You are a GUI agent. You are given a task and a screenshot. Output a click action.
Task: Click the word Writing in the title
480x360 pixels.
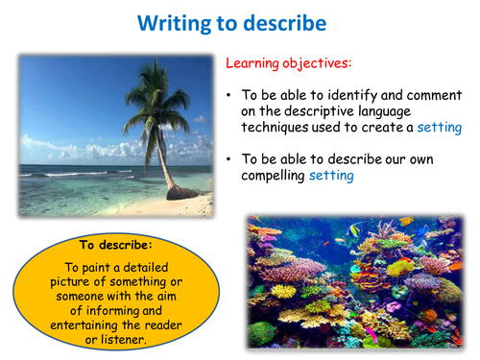[174, 24]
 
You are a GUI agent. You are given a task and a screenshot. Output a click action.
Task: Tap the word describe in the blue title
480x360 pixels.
[284, 23]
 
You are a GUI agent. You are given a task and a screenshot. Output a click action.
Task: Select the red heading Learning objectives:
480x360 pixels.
[289, 63]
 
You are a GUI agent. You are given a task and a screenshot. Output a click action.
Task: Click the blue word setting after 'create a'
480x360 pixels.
[440, 128]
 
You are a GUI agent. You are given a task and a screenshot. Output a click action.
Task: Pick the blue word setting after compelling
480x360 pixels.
[331, 176]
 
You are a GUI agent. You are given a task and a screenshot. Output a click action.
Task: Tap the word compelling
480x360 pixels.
[273, 176]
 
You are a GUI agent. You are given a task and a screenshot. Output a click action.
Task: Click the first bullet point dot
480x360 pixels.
[228, 95]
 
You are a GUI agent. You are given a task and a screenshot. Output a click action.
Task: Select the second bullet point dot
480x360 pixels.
[228, 159]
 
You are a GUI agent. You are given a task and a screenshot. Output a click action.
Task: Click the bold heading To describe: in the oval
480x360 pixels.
[116, 245]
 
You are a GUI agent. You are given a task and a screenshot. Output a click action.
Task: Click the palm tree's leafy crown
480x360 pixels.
[156, 103]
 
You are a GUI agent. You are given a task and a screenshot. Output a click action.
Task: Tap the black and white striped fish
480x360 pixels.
[354, 230]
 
